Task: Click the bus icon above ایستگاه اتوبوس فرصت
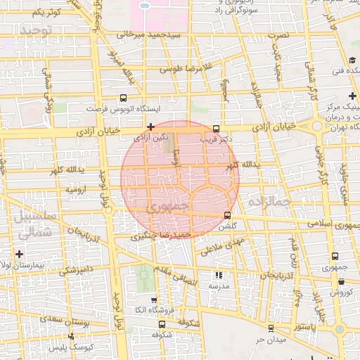coord(124,98)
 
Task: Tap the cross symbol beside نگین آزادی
coord(150,127)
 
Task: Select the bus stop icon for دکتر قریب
coord(215,129)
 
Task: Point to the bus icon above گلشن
coord(226,215)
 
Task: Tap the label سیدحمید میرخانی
coord(150,34)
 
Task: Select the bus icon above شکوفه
coord(162,324)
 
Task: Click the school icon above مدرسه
coord(218,275)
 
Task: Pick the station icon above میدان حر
coord(270,328)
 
